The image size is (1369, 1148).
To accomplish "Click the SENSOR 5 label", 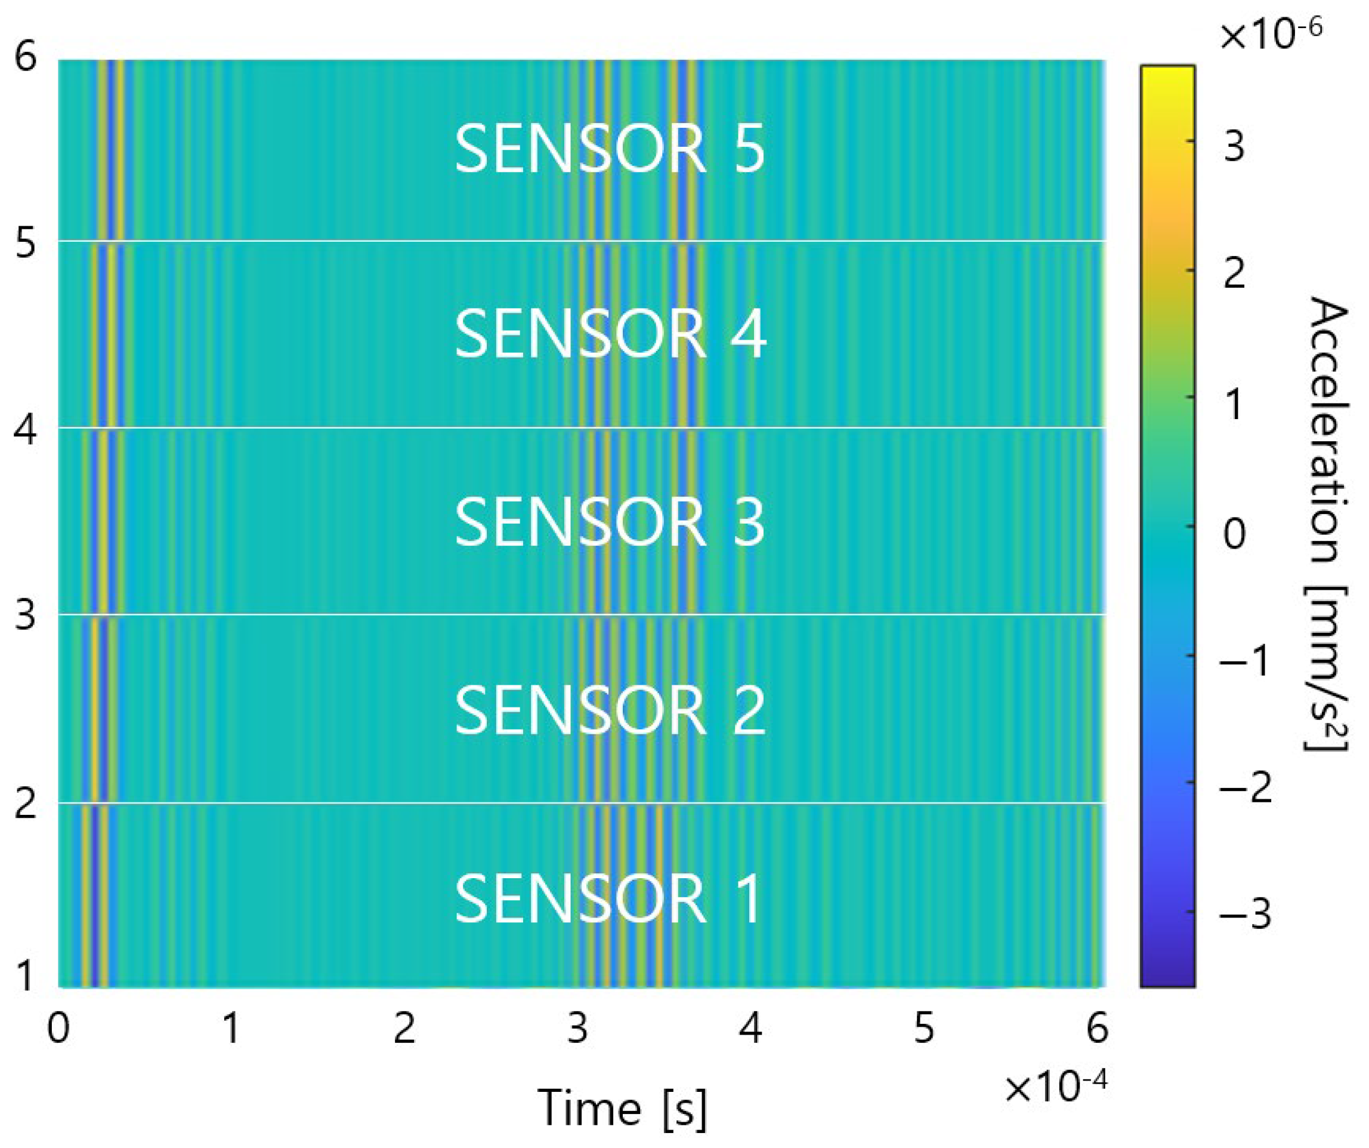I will pyautogui.click(x=610, y=149).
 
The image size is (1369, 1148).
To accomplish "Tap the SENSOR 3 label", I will pyautogui.click(x=610, y=522).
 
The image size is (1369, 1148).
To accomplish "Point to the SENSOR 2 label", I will pyautogui.click(x=610, y=710).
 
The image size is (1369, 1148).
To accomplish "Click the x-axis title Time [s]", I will pyautogui.click(x=622, y=1107).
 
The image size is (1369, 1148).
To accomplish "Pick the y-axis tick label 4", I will pyautogui.click(x=25, y=430).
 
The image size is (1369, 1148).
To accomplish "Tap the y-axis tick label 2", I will pyautogui.click(x=25, y=804).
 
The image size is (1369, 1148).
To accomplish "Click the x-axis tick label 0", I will pyautogui.click(x=58, y=1029).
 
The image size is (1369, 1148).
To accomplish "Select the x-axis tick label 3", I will pyautogui.click(x=577, y=1029).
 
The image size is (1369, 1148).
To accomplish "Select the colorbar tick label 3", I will pyautogui.click(x=1234, y=147).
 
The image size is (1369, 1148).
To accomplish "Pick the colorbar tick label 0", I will pyautogui.click(x=1234, y=534).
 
